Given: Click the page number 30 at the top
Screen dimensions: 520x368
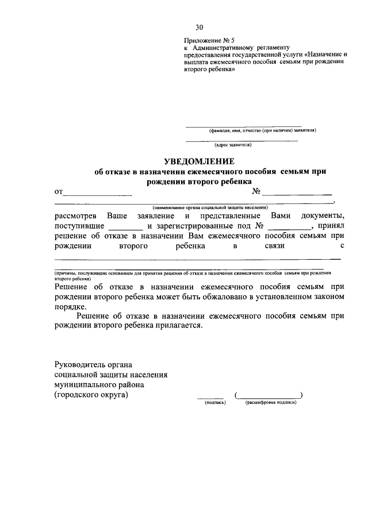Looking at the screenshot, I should pos(199,27).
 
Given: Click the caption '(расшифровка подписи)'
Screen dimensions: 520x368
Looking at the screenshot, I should pos(270,403).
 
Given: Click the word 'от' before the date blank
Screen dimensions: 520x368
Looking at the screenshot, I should pos(59,192).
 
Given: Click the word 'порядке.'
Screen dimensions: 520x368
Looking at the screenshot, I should pos(70,307).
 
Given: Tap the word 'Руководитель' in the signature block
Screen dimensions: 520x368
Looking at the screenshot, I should pos(80,365).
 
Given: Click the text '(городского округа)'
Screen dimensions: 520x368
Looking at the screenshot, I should pos(91,396).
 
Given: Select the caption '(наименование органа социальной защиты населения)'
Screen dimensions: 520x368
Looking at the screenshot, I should pos(210,207).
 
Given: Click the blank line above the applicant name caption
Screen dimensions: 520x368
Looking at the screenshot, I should pos(243,126).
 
